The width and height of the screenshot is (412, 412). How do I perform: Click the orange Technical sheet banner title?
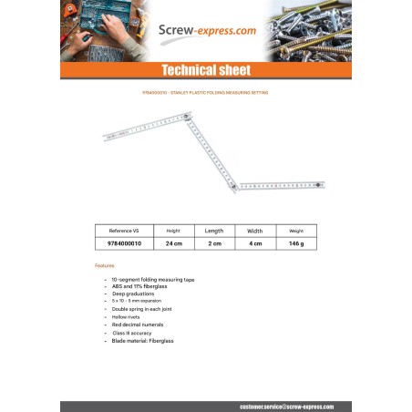(205, 70)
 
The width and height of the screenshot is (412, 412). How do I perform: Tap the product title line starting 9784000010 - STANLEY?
(205, 93)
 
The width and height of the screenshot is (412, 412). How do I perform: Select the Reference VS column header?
(124, 231)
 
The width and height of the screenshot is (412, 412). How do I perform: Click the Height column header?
(173, 231)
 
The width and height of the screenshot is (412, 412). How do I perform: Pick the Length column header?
(214, 231)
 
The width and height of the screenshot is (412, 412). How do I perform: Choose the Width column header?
(255, 231)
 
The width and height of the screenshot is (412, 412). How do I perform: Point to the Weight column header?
(296, 231)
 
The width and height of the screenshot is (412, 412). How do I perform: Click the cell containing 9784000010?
(124, 244)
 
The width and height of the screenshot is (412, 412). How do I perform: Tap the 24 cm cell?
(173, 244)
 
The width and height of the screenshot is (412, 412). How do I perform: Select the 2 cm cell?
(214, 244)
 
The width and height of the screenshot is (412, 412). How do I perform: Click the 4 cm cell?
(255, 244)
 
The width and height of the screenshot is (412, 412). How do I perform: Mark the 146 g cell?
(296, 244)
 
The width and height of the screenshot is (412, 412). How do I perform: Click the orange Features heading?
(105, 265)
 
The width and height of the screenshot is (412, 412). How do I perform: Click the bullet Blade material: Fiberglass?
(142, 341)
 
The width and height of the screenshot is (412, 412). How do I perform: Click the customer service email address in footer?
(286, 407)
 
